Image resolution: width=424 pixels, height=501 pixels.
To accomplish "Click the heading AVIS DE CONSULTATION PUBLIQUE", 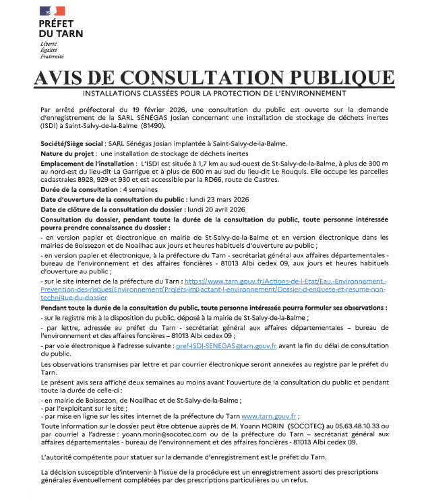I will [212, 77].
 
